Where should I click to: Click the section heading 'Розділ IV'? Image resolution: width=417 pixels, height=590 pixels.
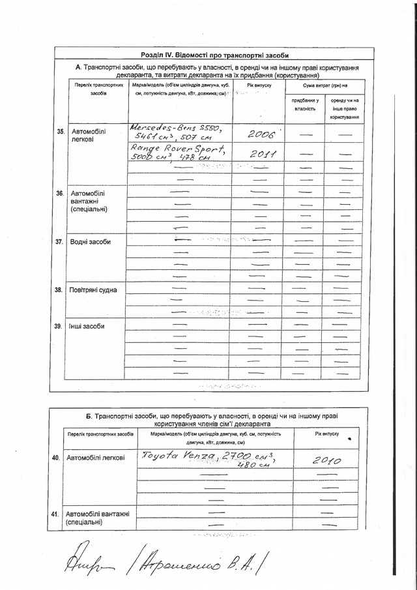click(214, 55)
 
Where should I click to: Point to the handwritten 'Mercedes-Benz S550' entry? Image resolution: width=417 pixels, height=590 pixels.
click(177, 132)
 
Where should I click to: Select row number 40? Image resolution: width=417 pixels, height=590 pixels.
click(56, 459)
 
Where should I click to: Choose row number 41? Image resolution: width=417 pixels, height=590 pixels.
click(56, 515)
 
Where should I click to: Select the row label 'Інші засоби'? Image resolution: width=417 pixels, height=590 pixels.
click(87, 326)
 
